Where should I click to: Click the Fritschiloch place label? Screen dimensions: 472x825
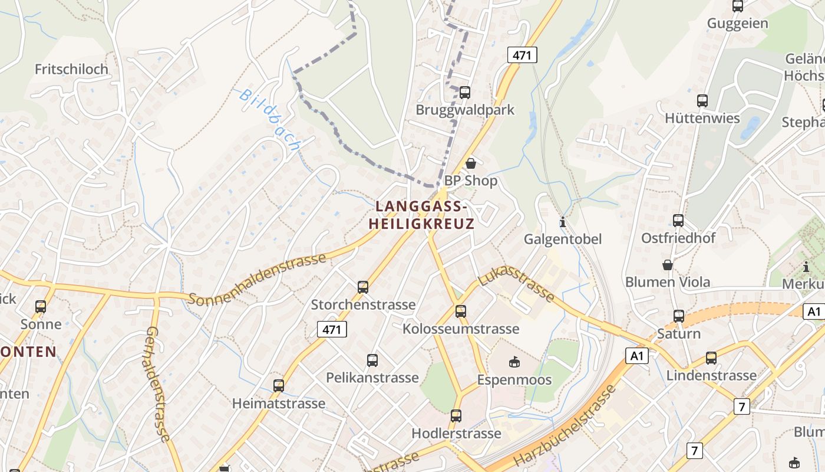pyautogui.click(x=71, y=69)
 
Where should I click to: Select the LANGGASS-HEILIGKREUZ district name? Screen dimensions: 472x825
pyautogui.click(x=421, y=215)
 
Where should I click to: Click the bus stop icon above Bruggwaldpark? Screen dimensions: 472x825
pyautogui.click(x=465, y=93)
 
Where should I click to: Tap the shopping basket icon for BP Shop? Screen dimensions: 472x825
pyautogui.click(x=471, y=163)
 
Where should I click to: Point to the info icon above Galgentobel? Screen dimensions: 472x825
pyautogui.click(x=563, y=222)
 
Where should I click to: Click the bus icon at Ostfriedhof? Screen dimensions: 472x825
pyautogui.click(x=678, y=221)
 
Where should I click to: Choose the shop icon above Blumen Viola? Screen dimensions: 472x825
pyautogui.click(x=668, y=265)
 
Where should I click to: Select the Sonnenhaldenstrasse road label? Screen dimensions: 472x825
pyautogui.click(x=258, y=280)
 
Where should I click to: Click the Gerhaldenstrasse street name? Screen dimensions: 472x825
pyautogui.click(x=157, y=384)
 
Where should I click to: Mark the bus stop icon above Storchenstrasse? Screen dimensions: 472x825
pyautogui.click(x=363, y=287)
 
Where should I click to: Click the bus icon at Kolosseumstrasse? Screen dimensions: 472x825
pyautogui.click(x=461, y=311)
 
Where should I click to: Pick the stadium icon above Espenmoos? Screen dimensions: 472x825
pyautogui.click(x=514, y=362)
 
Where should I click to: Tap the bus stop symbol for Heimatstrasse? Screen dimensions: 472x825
pyautogui.click(x=279, y=386)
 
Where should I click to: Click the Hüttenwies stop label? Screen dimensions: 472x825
pyautogui.click(x=702, y=118)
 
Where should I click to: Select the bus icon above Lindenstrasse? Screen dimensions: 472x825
pyautogui.click(x=711, y=358)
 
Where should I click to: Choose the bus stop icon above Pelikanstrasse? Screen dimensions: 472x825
pyautogui.click(x=372, y=360)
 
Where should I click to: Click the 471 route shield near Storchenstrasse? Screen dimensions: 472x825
pyautogui.click(x=332, y=329)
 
